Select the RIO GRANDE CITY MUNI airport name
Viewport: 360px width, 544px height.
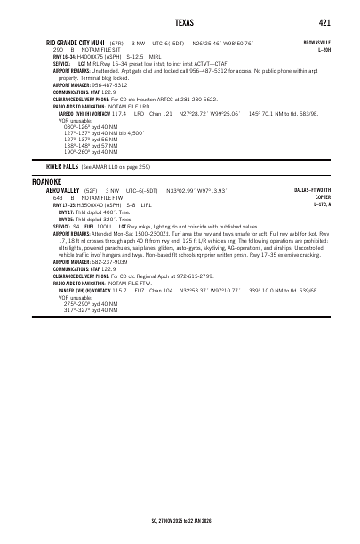76,42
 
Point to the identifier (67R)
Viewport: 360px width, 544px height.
117,43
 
